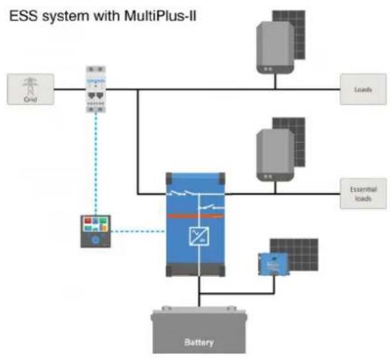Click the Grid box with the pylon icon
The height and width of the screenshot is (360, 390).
tap(30, 89)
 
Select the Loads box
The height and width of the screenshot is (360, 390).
tap(363, 89)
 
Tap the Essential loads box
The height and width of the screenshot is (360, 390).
tap(363, 194)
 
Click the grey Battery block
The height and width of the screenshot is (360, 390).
tap(199, 330)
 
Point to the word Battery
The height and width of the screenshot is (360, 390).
tap(199, 342)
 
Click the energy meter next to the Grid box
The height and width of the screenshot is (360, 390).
tap(96, 89)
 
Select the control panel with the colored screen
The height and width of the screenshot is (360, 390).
tap(96, 232)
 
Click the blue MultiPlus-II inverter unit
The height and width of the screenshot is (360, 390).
tap(195, 225)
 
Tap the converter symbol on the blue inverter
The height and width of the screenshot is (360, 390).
tap(199, 236)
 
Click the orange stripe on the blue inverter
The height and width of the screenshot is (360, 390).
tap(195, 216)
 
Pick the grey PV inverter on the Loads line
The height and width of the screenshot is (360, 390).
tap(275, 47)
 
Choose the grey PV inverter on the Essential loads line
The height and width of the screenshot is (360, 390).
tap(275, 155)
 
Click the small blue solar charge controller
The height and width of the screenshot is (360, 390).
tap(274, 264)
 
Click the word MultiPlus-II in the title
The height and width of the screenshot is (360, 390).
tap(160, 16)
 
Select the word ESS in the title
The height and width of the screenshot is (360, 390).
tap(23, 16)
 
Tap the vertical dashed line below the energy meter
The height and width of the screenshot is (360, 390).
tap(96, 164)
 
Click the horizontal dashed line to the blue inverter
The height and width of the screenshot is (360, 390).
tap(138, 232)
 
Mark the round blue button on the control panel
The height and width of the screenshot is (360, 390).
tap(96, 240)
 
